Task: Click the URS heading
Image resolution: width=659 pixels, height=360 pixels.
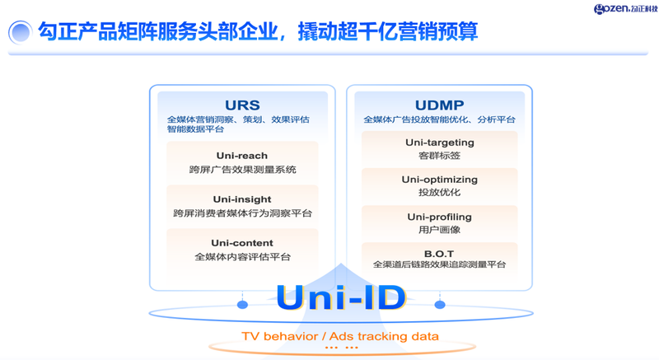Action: pyautogui.click(x=242, y=105)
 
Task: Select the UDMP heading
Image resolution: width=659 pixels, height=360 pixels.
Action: pyautogui.click(x=439, y=105)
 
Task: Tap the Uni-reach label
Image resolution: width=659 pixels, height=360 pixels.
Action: pyautogui.click(x=242, y=156)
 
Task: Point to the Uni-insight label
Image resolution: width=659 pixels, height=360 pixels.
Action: pyautogui.click(x=242, y=199)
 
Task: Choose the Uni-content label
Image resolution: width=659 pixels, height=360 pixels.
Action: pyautogui.click(x=242, y=243)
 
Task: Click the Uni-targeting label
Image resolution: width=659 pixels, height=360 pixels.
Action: pyautogui.click(x=439, y=143)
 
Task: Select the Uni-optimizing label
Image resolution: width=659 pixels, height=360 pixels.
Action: pyautogui.click(x=439, y=180)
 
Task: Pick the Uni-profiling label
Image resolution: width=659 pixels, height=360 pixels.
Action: pyautogui.click(x=439, y=217)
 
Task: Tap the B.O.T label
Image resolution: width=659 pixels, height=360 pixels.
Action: pyautogui.click(x=439, y=253)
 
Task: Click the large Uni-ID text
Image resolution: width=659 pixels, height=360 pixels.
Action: pyautogui.click(x=341, y=297)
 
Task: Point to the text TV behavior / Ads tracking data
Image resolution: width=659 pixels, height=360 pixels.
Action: pyautogui.click(x=340, y=336)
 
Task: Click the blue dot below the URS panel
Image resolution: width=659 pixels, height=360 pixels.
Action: pyautogui.click(x=242, y=305)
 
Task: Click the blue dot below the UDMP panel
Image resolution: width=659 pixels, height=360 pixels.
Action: pyautogui.click(x=440, y=305)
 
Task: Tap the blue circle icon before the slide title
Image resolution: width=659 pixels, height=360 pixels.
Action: pyautogui.click(x=20, y=32)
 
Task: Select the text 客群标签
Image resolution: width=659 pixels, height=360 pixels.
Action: pyautogui.click(x=439, y=156)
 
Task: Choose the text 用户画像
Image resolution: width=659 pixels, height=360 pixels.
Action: pyautogui.click(x=439, y=230)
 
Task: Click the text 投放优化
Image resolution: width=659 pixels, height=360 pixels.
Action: pyautogui.click(x=439, y=193)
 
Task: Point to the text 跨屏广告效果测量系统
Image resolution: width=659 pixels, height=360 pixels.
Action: pyautogui.click(x=242, y=170)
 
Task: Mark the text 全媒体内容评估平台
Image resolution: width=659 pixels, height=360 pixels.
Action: pyautogui.click(x=242, y=257)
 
